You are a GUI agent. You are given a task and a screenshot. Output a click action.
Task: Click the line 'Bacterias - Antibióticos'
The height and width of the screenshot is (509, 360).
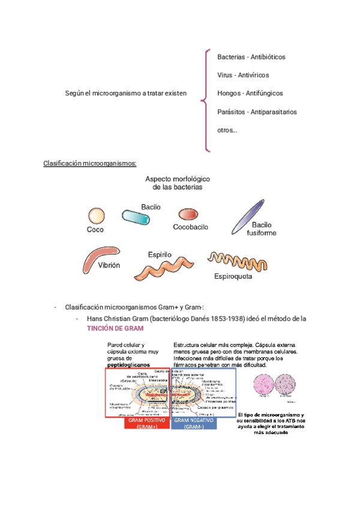click(251, 56)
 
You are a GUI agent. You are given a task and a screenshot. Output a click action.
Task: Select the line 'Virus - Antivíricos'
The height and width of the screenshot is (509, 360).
click(243, 75)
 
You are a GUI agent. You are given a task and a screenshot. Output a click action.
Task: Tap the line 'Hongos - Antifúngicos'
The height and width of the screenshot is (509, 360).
click(250, 93)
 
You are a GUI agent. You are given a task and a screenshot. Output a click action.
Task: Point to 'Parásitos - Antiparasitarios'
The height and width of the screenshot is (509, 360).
click(257, 112)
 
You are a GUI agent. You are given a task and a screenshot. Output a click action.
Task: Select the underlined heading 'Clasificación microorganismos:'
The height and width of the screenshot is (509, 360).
click(90, 163)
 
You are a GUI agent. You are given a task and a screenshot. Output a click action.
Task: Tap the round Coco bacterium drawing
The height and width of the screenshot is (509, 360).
click(96, 215)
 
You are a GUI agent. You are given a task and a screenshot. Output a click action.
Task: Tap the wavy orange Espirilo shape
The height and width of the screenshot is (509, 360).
click(163, 268)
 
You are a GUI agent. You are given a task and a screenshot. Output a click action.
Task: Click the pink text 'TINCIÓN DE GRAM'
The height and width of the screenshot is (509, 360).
click(115, 329)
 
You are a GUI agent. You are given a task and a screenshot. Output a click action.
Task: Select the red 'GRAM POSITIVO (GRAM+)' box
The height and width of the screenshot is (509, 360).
click(146, 423)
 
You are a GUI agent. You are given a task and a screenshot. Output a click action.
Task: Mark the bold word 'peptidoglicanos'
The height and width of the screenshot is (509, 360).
click(129, 364)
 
